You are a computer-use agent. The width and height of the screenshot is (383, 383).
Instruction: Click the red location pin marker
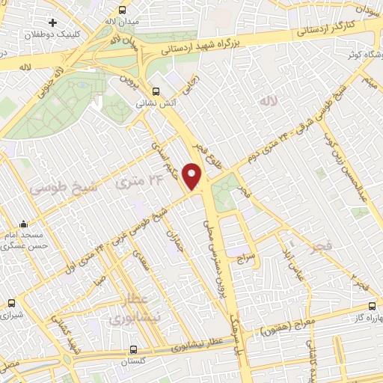194,175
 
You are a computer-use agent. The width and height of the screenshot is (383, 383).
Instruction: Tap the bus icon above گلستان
132,349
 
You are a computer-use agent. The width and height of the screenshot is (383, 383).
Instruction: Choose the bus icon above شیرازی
10,304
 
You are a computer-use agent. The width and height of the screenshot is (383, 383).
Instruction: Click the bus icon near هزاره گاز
373,306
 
